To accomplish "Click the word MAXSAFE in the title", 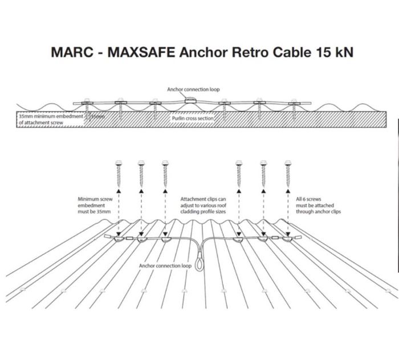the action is [141, 52].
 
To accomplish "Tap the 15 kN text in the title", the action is [335, 52].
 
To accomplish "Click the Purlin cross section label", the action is [193, 118].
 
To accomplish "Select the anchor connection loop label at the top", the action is [193, 90].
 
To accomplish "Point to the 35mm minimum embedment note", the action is [51, 119].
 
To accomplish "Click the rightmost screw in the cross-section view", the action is [294, 109].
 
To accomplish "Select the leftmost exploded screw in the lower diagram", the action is [119, 174].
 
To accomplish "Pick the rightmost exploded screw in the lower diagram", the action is [288, 174].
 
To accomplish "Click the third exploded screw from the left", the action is [165, 174].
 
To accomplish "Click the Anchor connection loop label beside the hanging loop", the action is [165, 266].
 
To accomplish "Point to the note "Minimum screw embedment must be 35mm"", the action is [95, 205].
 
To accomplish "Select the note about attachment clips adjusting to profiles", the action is [203, 205].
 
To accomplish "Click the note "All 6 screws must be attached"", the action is [318, 205].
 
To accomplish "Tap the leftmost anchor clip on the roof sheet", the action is [119, 239].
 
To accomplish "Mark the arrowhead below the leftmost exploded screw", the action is [119, 191].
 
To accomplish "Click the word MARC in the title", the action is [72, 52].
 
